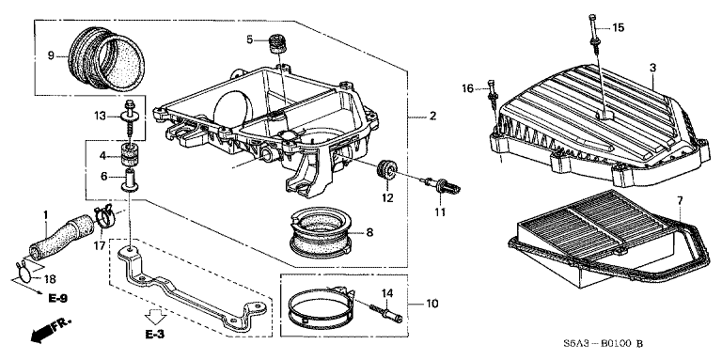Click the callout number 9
pyautogui.click(x=52, y=55)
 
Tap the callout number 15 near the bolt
pyautogui.click(x=618, y=28)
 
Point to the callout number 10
pyautogui.click(x=432, y=304)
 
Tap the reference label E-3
pyautogui.click(x=156, y=334)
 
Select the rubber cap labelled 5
pyautogui.click(x=277, y=43)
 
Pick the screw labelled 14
pyautogui.click(x=388, y=311)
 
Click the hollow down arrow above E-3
pyautogui.click(x=156, y=314)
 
